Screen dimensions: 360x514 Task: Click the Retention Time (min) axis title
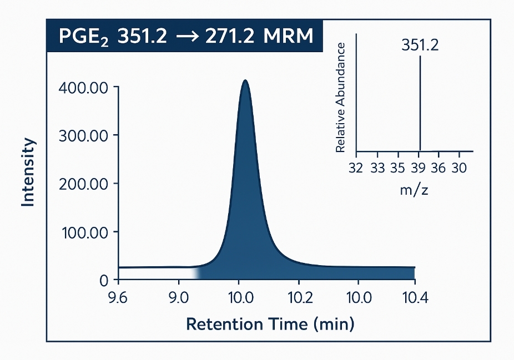270,324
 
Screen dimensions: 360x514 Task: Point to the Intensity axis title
28,173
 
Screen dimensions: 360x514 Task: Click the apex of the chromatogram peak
245,81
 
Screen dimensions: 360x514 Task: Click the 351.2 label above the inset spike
420,45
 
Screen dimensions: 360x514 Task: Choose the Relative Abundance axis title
341,97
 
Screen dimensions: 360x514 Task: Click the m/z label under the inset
414,191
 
